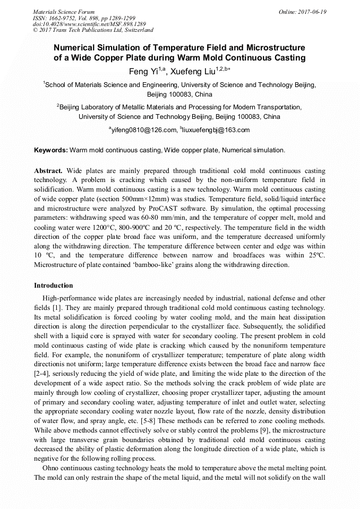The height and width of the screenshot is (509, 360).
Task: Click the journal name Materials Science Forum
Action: tap(64, 12)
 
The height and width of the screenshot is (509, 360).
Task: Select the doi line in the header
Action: tap(89, 24)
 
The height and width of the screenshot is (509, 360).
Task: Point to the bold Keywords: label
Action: tap(51, 150)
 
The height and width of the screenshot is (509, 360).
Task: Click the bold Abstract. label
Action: tap(48, 171)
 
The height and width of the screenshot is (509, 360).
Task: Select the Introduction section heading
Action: tap(53, 286)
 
